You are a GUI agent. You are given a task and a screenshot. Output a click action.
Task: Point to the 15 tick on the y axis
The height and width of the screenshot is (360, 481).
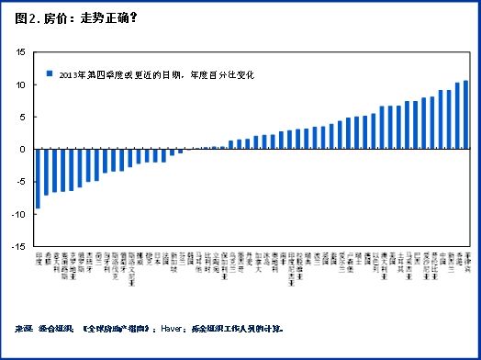[21, 51]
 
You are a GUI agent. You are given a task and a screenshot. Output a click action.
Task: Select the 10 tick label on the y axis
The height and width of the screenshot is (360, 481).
[21, 84]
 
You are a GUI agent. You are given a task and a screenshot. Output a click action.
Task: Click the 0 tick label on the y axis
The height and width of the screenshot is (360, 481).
[24, 149]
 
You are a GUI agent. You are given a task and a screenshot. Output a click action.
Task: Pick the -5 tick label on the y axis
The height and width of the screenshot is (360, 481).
[21, 182]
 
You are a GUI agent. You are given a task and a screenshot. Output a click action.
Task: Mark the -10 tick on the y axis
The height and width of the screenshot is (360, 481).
[19, 214]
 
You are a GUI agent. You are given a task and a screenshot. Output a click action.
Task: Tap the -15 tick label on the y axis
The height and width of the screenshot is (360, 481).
[19, 246]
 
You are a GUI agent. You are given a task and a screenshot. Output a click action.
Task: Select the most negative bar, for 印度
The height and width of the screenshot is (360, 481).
[38, 178]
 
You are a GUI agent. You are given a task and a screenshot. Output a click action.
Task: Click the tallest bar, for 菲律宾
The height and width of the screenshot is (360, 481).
[465, 115]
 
